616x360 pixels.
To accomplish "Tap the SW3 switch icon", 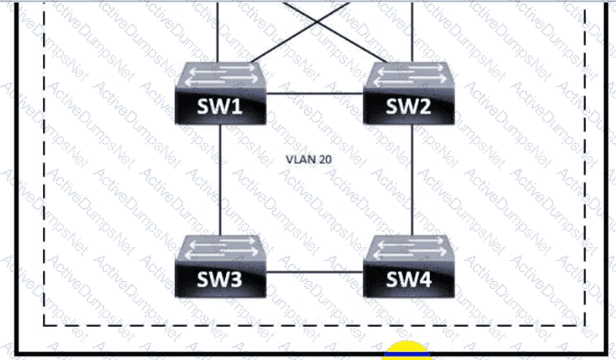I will point(221,267).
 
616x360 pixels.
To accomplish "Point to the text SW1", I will point(221,107).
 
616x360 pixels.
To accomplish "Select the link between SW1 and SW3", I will point(221,179).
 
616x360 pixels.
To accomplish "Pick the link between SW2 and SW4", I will point(412,179).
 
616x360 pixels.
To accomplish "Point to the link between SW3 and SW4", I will point(315,272).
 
